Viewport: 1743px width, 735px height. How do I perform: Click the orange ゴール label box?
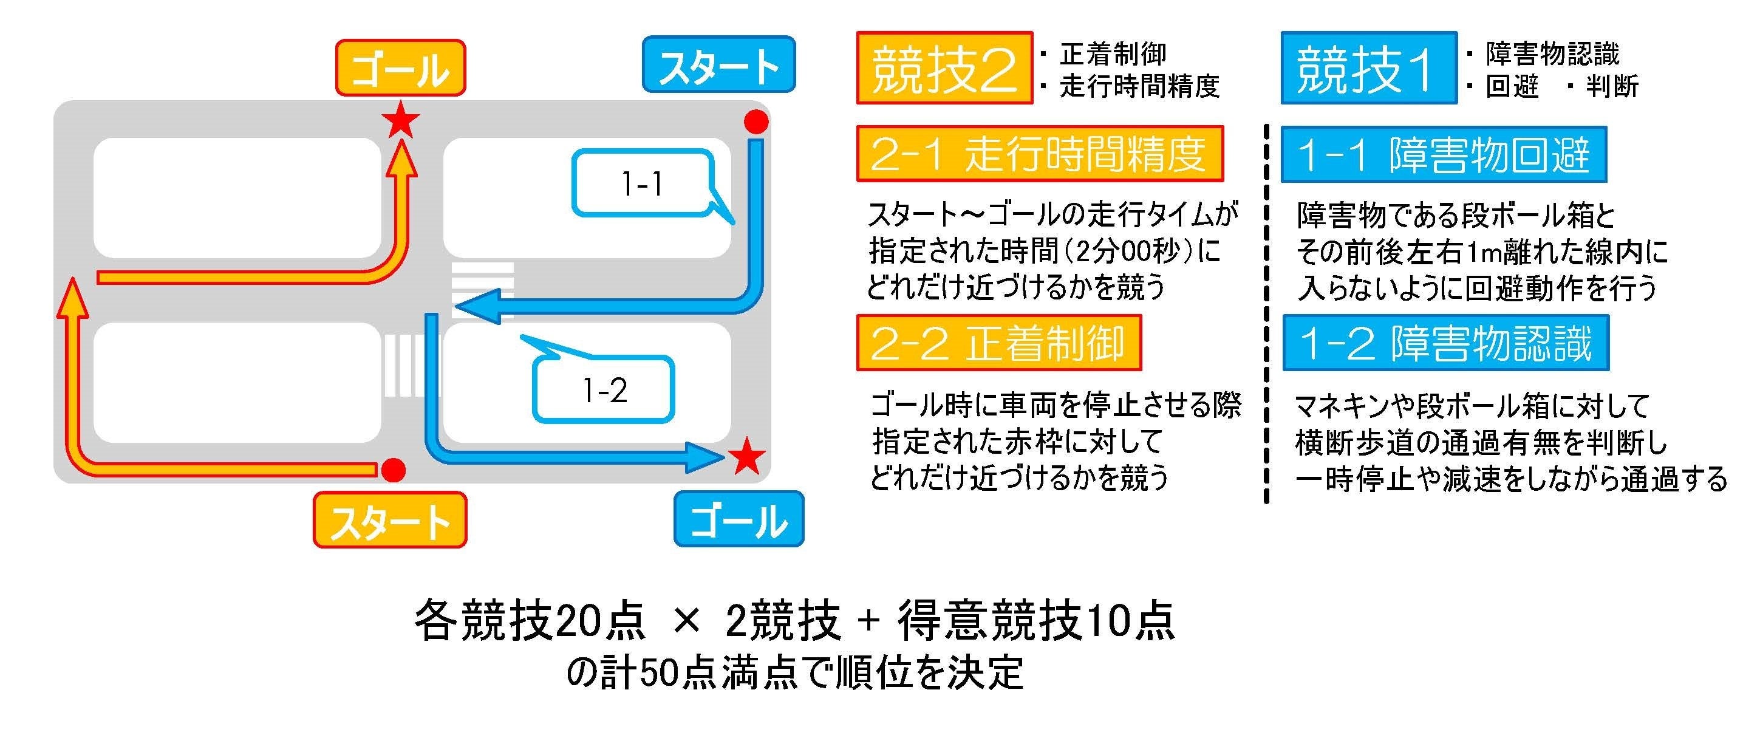pos(401,67)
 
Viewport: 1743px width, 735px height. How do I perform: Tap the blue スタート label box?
pos(718,64)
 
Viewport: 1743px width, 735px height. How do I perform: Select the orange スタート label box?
pos(390,520)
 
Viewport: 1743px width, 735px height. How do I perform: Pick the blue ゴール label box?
pos(739,519)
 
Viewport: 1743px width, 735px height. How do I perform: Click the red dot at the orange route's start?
pos(393,469)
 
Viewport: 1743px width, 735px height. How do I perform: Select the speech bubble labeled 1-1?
pos(643,183)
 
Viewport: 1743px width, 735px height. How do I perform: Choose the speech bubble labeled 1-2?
pos(604,389)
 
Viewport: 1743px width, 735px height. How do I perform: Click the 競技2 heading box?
pos(944,67)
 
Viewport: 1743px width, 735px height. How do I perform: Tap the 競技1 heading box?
pos(1369,67)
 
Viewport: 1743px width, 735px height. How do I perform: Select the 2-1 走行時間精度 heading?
pos(1039,154)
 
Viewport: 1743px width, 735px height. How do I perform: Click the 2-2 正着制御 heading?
pos(998,343)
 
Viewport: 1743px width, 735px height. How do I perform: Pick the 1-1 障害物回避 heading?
pos(1444,154)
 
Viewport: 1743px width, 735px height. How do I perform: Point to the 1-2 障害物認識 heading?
pos(1445,343)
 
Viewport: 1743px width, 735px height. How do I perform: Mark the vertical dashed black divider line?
pos(1266,312)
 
